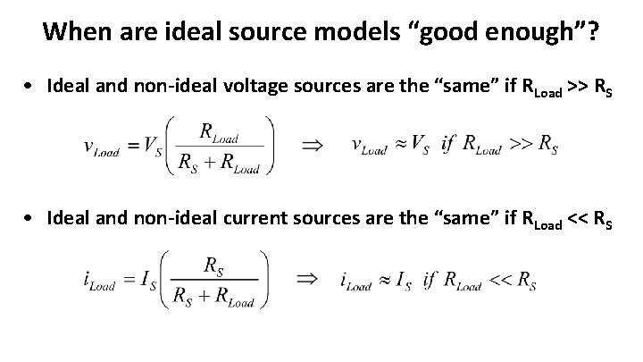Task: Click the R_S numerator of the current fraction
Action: [215, 265]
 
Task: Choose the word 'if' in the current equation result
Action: [430, 281]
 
